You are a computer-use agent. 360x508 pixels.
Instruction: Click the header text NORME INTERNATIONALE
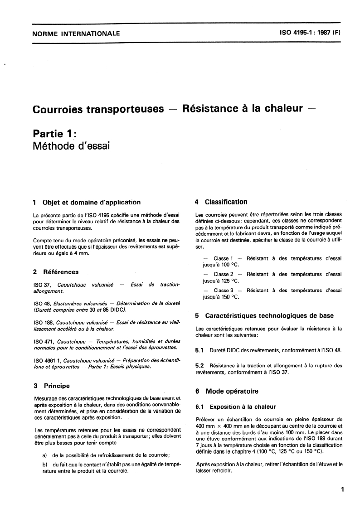76,33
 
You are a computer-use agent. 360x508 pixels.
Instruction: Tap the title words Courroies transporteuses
98,109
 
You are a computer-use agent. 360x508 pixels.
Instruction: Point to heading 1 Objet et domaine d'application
87,203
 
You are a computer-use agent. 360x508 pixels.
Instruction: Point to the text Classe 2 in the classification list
224,274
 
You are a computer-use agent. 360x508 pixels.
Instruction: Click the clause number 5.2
199,365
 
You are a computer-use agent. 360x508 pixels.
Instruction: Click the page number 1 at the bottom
343,489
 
